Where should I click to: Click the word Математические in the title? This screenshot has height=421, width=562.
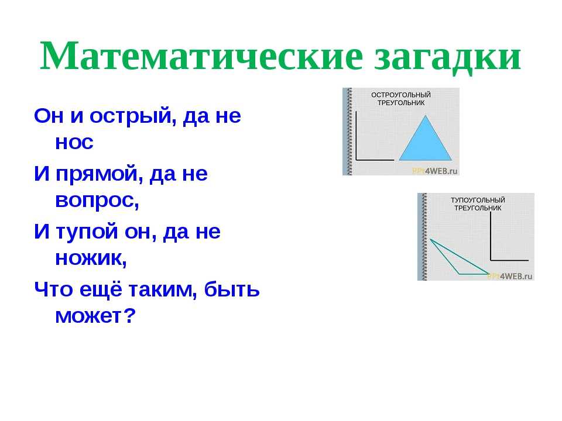click(202, 56)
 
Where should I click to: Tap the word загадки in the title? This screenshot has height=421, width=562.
click(448, 58)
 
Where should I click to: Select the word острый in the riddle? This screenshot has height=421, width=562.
click(133, 116)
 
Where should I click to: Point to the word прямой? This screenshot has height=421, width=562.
click(97, 174)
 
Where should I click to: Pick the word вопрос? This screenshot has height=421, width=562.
click(97, 201)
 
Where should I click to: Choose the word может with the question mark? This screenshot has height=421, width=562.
click(95, 316)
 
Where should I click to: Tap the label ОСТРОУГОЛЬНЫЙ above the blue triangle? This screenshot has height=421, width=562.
click(400, 95)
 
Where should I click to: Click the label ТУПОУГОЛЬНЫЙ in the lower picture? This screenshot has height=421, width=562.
click(478, 200)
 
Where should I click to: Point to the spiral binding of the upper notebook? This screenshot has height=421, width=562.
click(348, 132)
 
